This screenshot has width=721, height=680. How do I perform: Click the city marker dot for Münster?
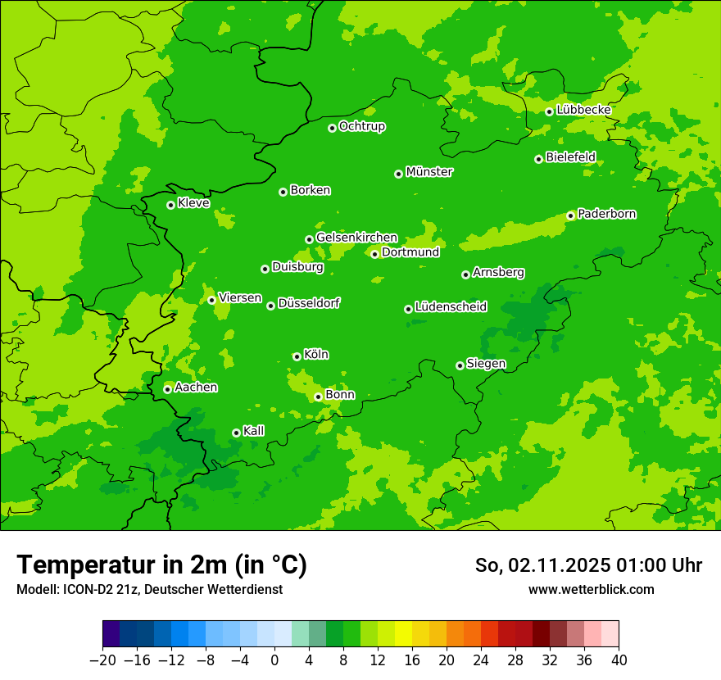tap(399, 174)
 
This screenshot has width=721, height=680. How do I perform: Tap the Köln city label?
tap(315, 355)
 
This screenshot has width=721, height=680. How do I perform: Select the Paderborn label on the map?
tap(606, 214)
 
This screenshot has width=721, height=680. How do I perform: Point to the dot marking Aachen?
tap(168, 389)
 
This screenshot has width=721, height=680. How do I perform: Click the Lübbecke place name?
tap(583, 110)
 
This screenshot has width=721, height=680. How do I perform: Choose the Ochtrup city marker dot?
tap(333, 128)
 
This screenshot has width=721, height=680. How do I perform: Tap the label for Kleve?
tap(193, 203)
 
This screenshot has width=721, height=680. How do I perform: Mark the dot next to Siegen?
tap(460, 365)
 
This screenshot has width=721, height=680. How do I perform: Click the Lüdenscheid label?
tap(451, 307)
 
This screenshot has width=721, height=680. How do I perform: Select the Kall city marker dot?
tap(237, 433)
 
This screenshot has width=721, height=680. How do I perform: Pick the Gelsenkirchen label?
tap(356, 238)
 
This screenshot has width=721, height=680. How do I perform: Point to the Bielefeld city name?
tap(570, 156)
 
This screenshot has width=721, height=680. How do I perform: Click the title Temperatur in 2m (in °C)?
tap(161, 565)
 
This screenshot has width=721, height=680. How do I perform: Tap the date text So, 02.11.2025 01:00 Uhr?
tap(588, 565)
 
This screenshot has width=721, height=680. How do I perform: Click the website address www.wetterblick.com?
tap(591, 589)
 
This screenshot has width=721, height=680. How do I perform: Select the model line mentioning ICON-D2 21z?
tap(149, 589)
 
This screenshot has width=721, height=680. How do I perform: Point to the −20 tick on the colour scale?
tap(102, 660)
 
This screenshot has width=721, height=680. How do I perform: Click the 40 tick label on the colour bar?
tap(619, 660)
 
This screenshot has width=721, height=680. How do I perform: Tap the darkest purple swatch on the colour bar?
tap(111, 634)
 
